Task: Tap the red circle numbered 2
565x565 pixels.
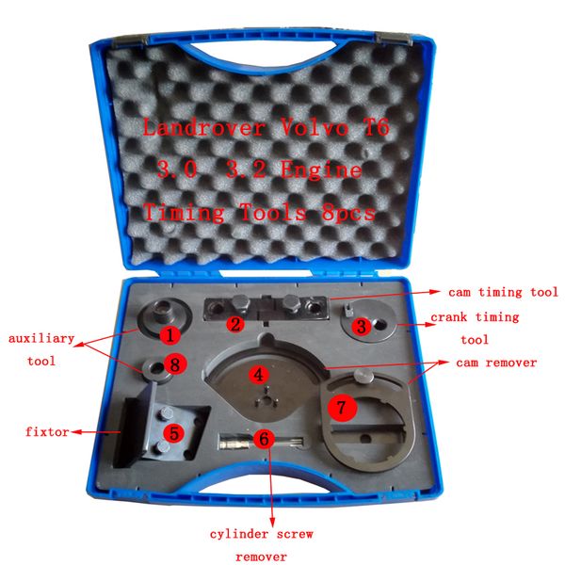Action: pos(235,324)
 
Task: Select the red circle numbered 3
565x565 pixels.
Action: pos(361,327)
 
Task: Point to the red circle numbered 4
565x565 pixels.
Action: pos(255,374)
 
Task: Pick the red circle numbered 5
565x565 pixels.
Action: pos(173,433)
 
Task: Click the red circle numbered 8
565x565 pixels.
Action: pos(170,363)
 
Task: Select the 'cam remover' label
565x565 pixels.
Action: pos(497,362)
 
